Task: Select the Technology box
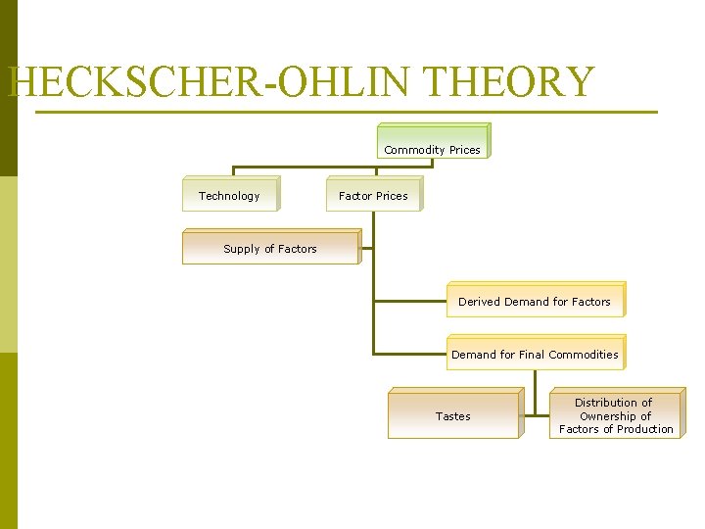click(230, 194)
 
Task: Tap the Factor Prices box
click(373, 194)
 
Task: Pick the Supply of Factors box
click(270, 247)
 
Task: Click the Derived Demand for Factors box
click(535, 300)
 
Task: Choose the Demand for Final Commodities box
click(535, 353)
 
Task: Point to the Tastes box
click(452, 414)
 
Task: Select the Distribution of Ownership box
click(616, 413)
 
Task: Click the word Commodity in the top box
click(415, 150)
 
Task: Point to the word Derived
click(479, 302)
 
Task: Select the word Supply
click(241, 249)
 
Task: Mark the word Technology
click(229, 196)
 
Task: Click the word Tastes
click(452, 416)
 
